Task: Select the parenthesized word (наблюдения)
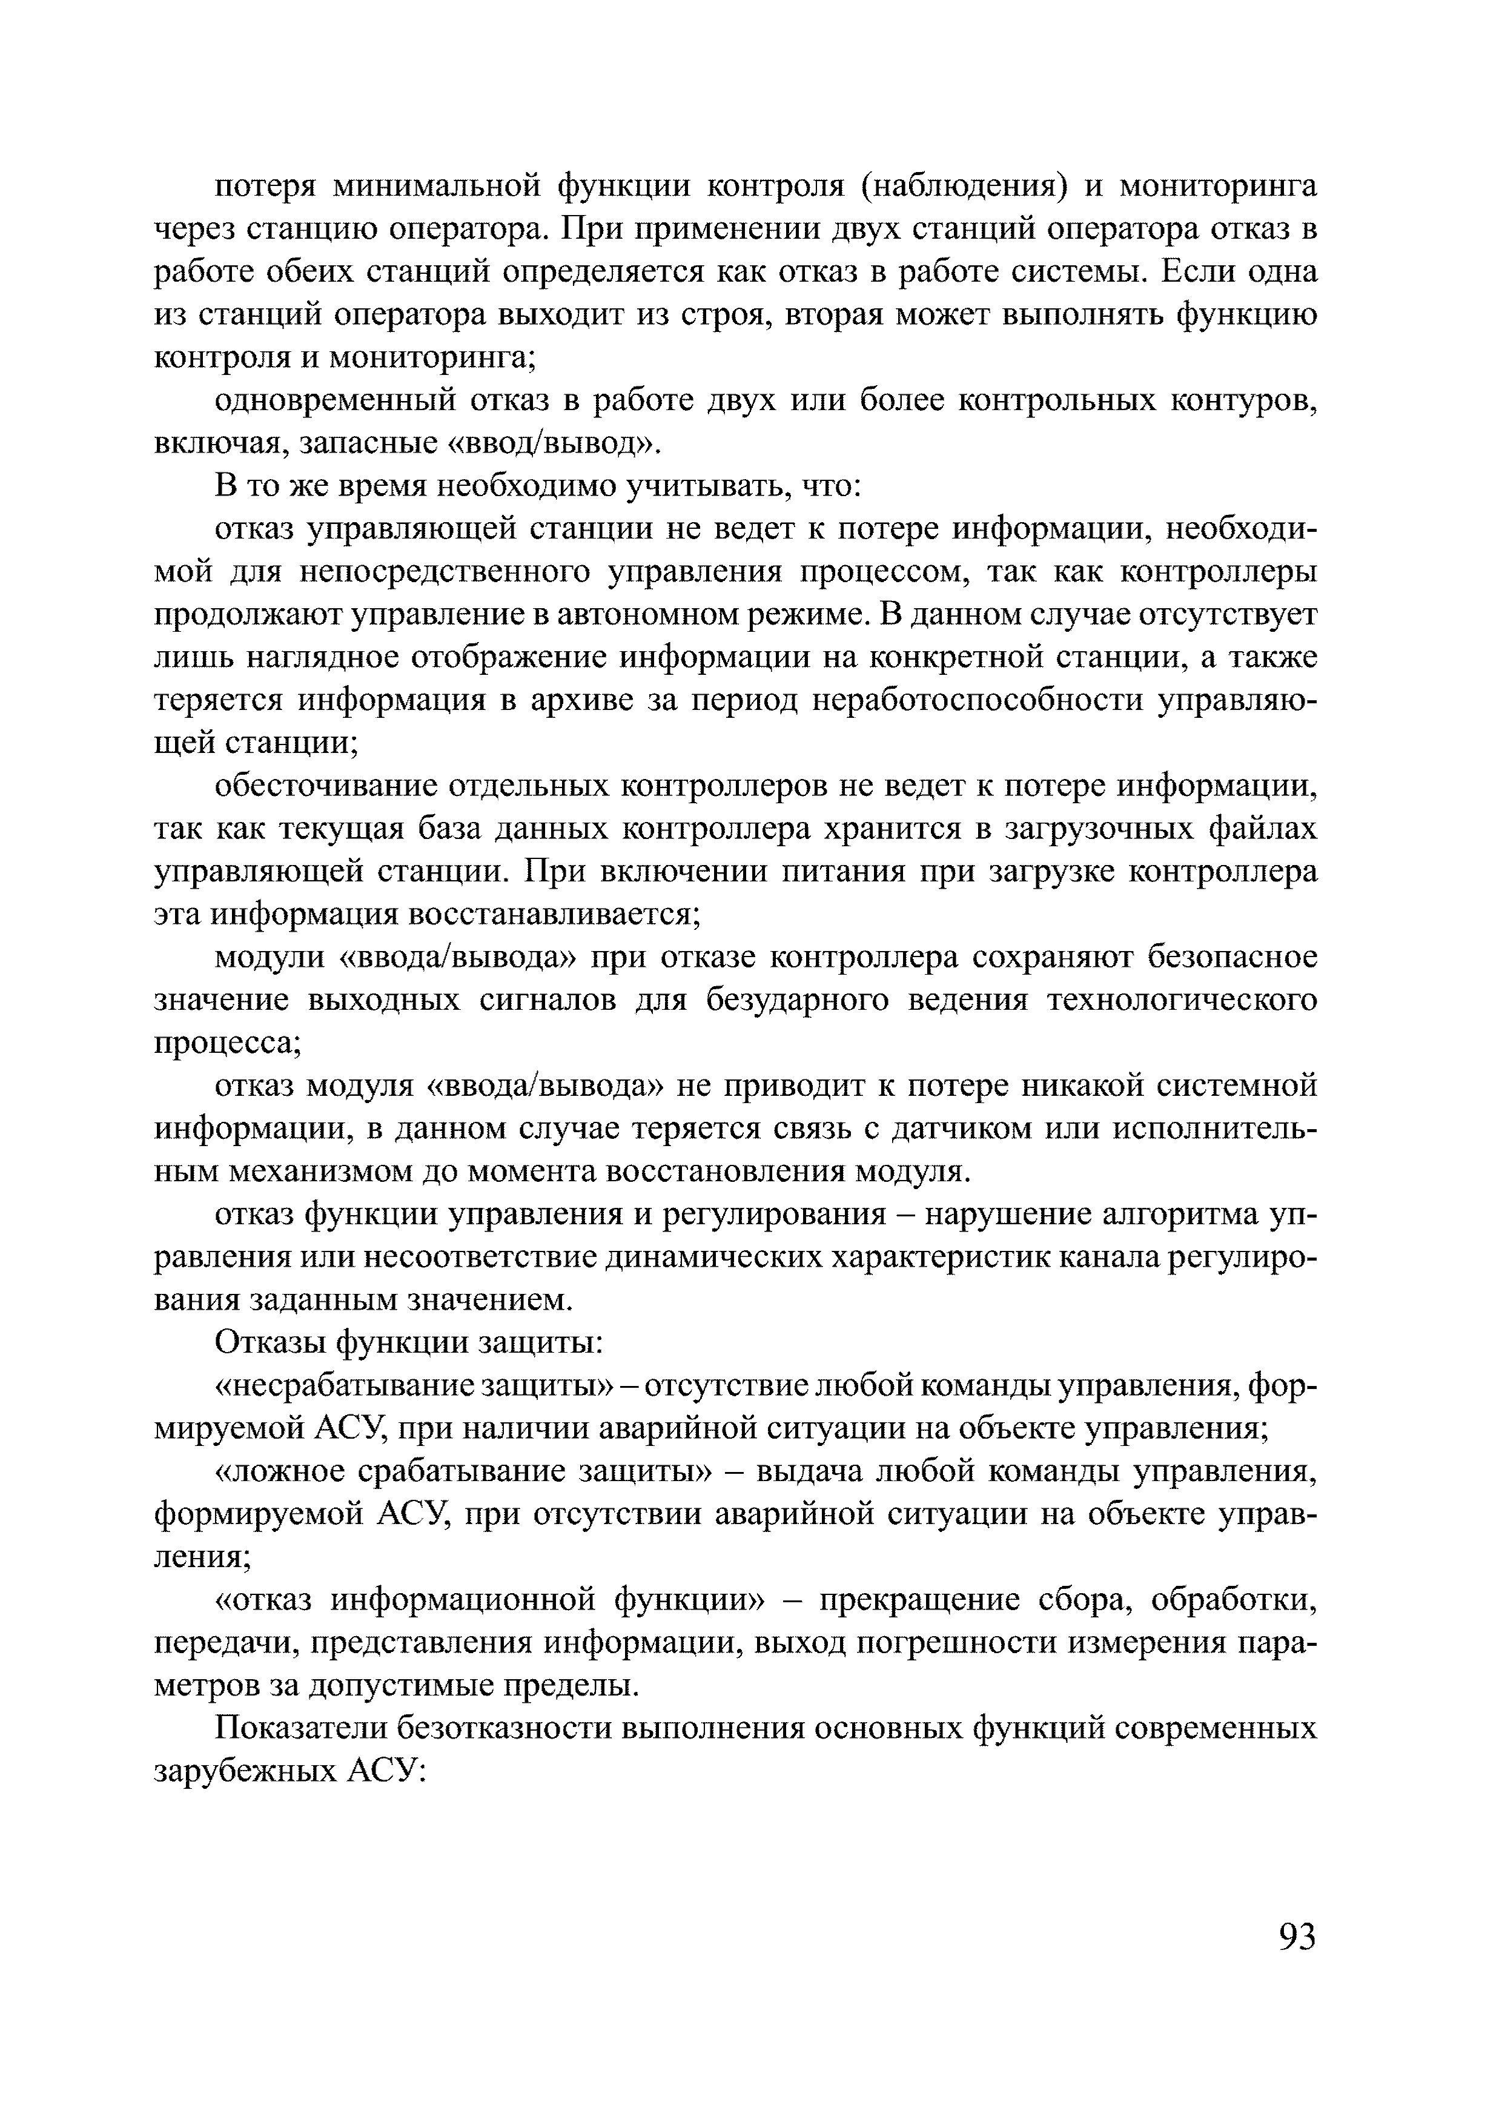962,188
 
